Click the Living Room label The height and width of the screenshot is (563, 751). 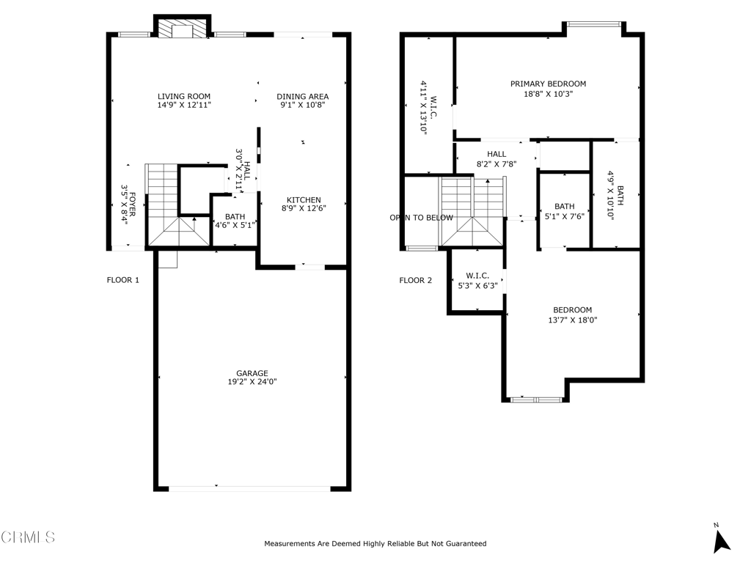184,96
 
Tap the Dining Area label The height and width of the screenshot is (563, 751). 303,96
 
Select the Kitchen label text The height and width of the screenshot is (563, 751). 304,199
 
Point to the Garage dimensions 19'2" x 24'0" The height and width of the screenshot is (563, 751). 252,381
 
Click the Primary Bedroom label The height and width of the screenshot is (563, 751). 548,84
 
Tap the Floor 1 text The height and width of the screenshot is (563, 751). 123,280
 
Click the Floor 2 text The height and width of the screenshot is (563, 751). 416,280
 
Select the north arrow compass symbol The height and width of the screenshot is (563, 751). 721,540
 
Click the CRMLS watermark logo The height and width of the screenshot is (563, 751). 28,537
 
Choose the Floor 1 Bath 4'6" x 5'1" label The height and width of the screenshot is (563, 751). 235,221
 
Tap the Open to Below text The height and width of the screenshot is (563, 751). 421,218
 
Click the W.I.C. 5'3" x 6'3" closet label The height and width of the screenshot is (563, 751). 477,281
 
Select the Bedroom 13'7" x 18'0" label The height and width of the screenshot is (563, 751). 572,314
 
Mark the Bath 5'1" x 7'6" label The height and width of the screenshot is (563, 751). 565,210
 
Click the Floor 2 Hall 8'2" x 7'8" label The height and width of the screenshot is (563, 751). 497,158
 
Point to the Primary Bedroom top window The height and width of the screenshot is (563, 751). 594,23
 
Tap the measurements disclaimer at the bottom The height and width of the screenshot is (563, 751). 375,543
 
